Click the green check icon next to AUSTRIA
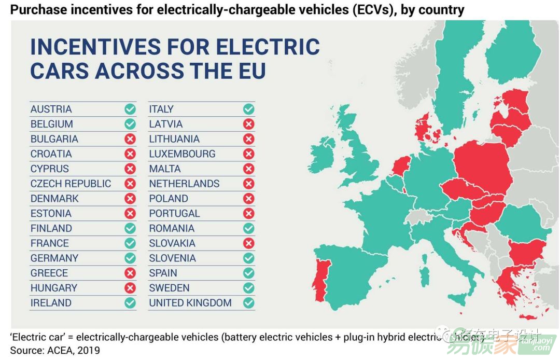[130, 109]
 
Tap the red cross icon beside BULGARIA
[130, 139]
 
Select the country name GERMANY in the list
[54, 258]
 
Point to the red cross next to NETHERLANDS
[249, 184]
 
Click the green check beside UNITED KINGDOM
[249, 303]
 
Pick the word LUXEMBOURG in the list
[182, 154]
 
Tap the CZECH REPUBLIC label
[71, 184]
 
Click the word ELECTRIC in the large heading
[267, 47]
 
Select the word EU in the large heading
[252, 71]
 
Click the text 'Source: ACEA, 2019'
[55, 350]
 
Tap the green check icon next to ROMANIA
[249, 228]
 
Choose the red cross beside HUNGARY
[130, 288]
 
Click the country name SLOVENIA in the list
[173, 258]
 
